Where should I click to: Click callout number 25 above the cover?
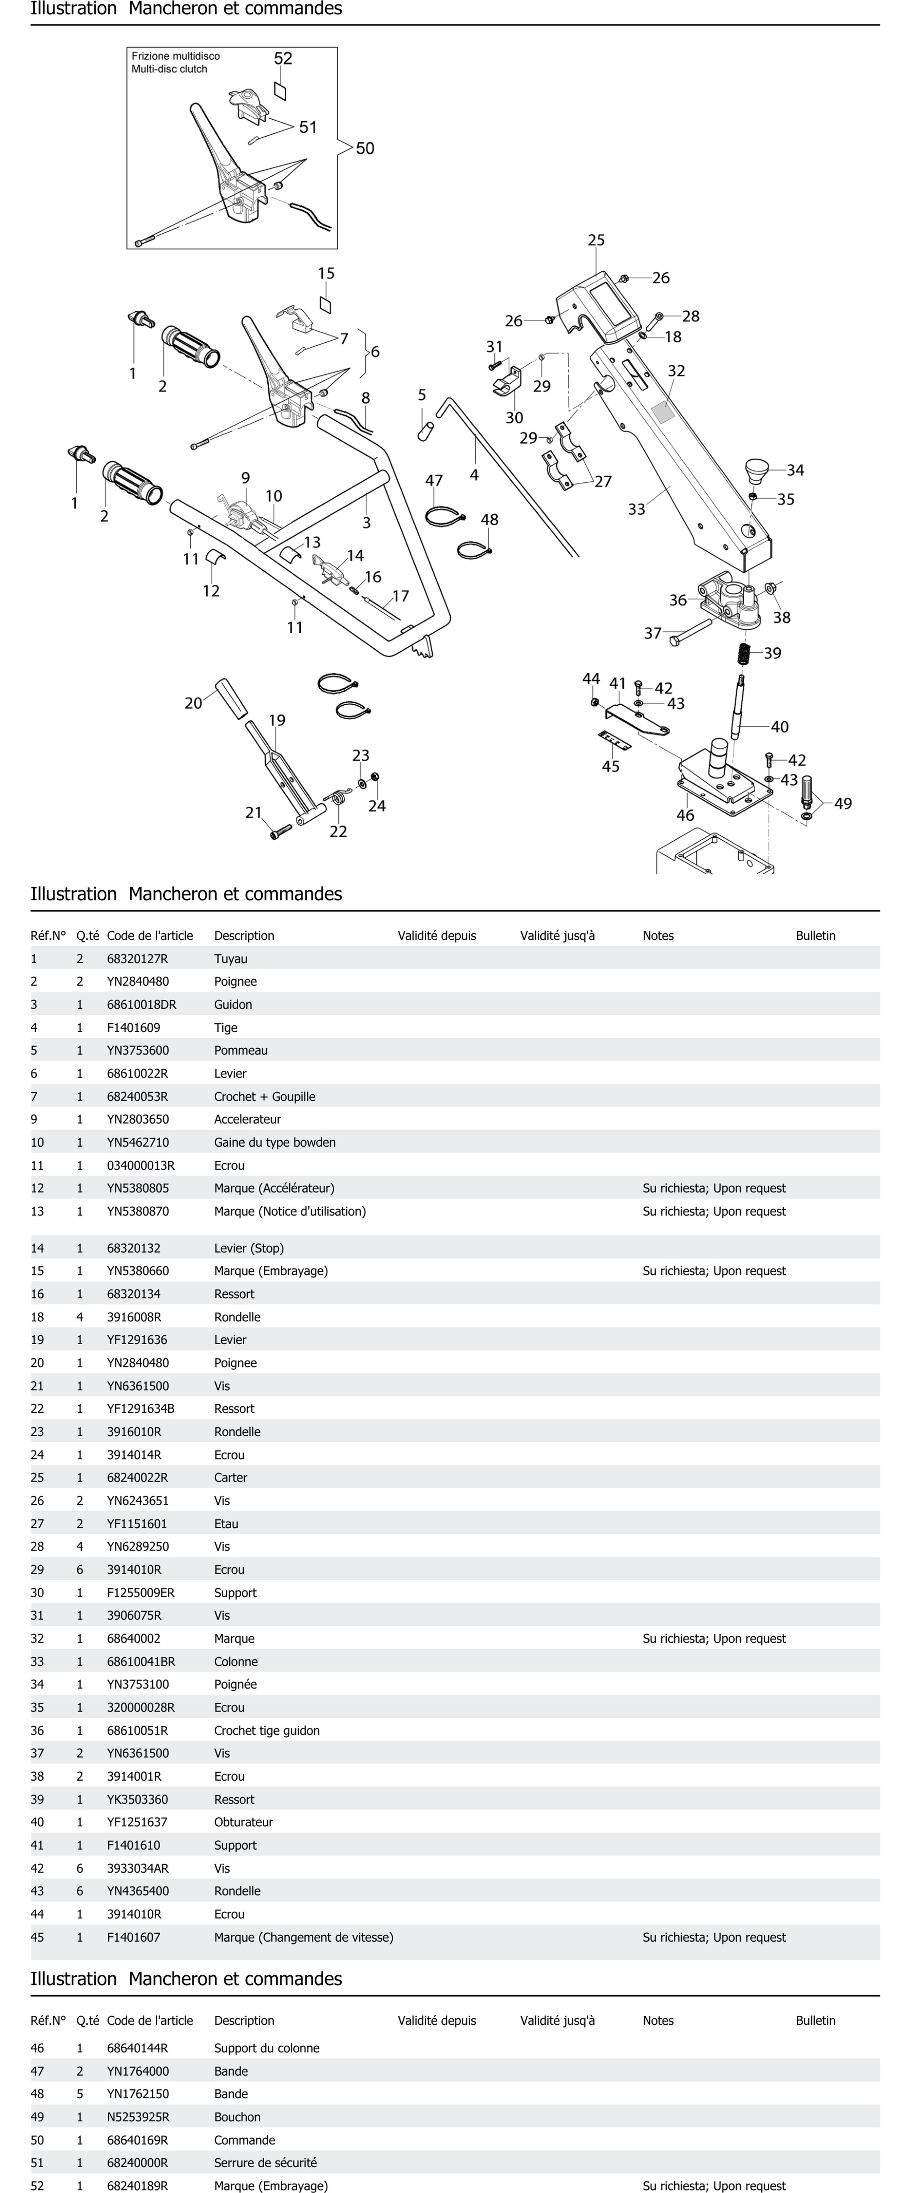pyautogui.click(x=596, y=240)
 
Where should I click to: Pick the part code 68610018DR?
pyautogui.click(x=141, y=1004)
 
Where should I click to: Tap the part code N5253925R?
pyautogui.click(x=138, y=2117)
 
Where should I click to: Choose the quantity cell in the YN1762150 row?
pyautogui.click(x=80, y=2094)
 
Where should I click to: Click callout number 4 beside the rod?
pyautogui.click(x=474, y=475)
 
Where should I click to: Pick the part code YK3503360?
pyautogui.click(x=137, y=1800)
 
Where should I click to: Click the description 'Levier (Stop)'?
pyautogui.click(x=249, y=1248)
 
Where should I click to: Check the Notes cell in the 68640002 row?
pyautogui.click(x=713, y=1639)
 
